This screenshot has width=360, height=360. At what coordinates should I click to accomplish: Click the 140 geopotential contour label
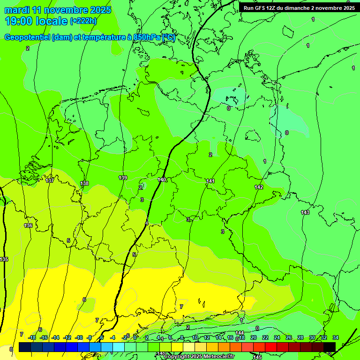[x=162, y=180]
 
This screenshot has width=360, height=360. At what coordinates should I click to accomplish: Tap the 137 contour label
[x=50, y=180]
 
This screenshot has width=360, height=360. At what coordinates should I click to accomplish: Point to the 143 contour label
[x=305, y=213]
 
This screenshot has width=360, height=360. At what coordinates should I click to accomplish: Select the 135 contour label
[x=4, y=259]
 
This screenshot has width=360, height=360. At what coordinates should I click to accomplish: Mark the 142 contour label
[x=259, y=187]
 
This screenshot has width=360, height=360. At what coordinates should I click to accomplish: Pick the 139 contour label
[x=123, y=178]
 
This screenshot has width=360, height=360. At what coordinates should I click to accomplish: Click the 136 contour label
[x=28, y=225]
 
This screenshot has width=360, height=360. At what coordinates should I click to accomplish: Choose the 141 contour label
[x=210, y=181]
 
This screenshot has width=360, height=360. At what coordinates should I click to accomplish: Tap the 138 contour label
[x=84, y=183]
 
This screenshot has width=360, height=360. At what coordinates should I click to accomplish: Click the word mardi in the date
[x=15, y=10]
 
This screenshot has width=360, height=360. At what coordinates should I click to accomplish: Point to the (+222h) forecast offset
[x=83, y=21]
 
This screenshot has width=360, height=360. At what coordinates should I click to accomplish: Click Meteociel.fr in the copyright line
[x=219, y=357]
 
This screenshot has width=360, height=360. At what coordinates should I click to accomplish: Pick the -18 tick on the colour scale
[x=32, y=337]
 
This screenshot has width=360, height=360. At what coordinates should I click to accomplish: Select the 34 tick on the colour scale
[x=336, y=337]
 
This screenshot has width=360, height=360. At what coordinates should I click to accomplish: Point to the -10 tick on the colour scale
[x=79, y=337]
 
